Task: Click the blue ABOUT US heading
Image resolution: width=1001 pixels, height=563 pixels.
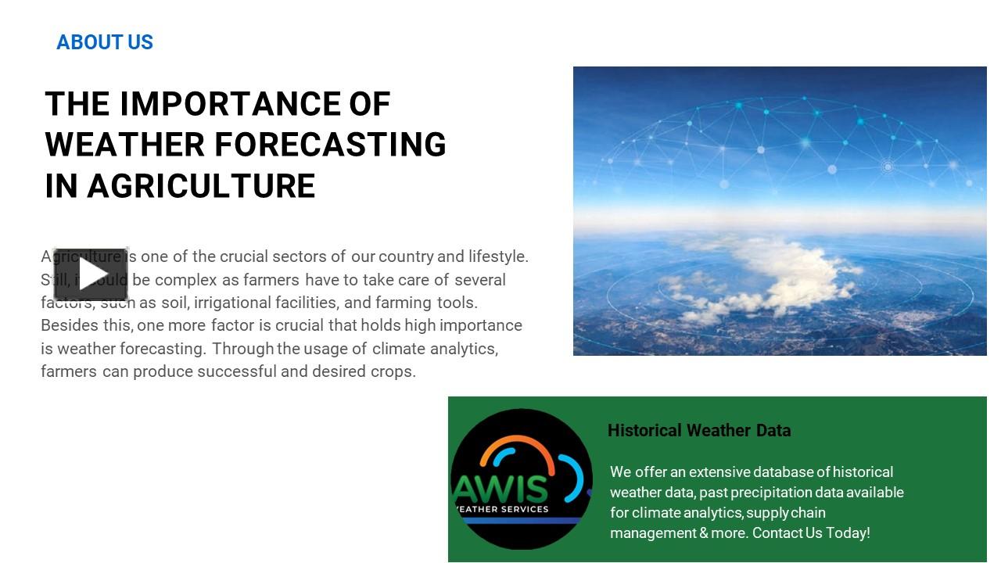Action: (105, 42)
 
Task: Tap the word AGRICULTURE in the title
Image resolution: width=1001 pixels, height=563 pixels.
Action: (201, 186)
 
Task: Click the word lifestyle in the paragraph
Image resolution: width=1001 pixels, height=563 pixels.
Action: (497, 256)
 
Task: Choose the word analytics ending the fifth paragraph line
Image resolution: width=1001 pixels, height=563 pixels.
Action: (462, 349)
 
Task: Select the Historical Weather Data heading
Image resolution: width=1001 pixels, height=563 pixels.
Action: (699, 430)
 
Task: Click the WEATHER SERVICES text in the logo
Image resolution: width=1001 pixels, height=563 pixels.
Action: (502, 509)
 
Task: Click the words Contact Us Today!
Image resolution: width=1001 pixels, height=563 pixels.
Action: (811, 533)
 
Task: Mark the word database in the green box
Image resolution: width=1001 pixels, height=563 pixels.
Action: (784, 472)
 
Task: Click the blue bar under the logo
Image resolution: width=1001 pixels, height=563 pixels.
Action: (520, 520)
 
